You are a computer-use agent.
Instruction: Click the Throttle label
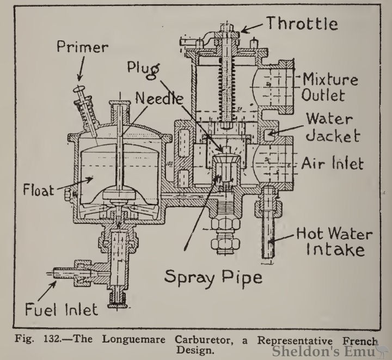302,23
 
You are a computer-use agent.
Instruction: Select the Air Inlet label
333,163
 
